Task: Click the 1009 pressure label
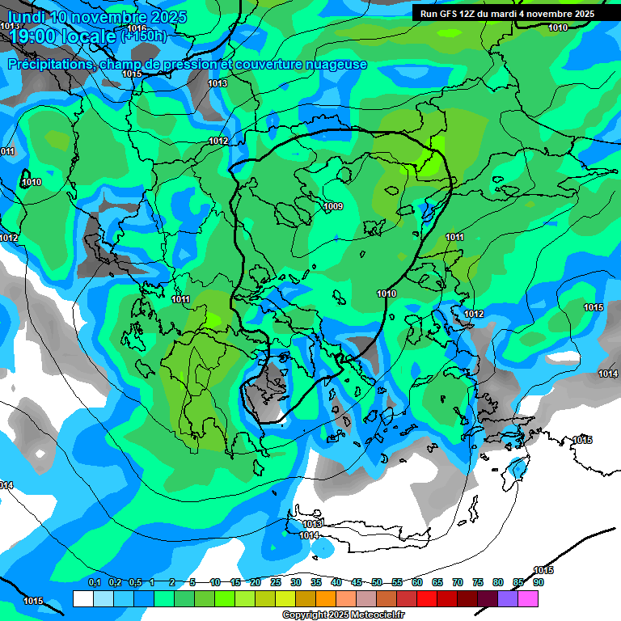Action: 333,207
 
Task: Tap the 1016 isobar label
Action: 137,29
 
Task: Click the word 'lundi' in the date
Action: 26,17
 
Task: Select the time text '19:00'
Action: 33,36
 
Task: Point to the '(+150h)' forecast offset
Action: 144,36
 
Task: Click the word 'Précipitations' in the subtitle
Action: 51,65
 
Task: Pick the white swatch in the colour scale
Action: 82,599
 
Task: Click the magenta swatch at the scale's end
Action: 528,599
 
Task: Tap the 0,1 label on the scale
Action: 94,582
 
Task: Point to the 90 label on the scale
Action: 538,582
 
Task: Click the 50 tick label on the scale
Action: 377,582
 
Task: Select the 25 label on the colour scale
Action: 276,582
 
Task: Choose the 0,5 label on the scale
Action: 135,582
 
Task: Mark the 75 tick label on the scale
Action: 478,582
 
